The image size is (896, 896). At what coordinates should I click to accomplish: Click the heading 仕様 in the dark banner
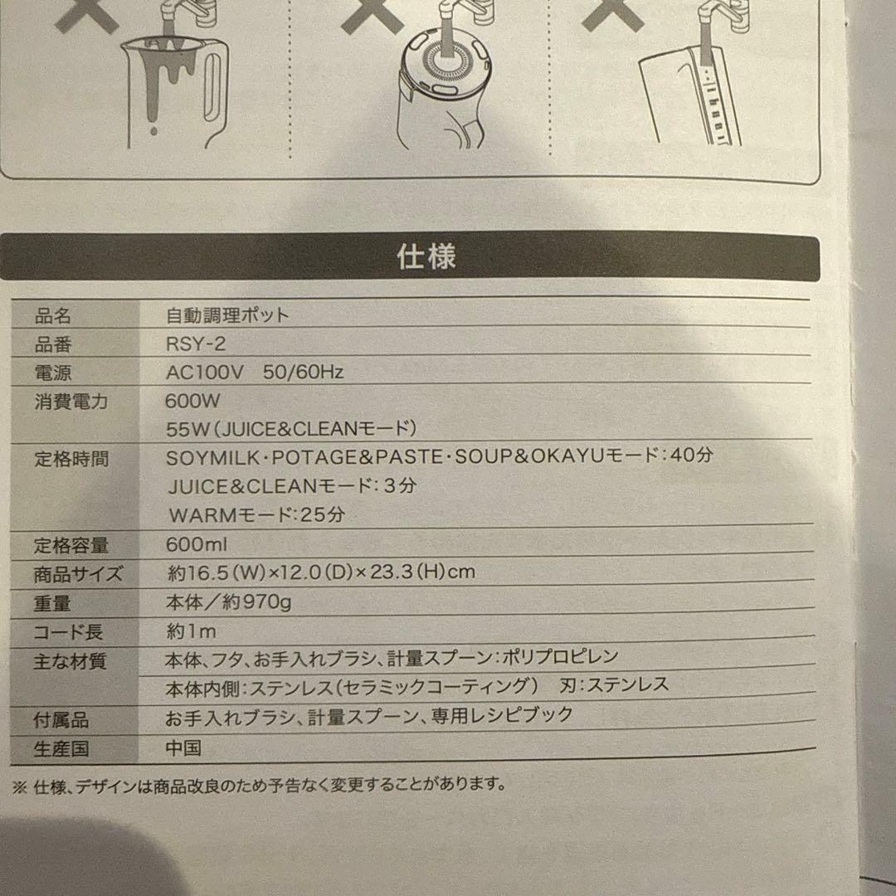[x=426, y=256]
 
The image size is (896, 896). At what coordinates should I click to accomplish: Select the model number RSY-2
[x=196, y=344]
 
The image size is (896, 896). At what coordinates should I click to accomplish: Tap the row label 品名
[x=52, y=316]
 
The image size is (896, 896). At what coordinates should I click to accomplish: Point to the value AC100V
[x=205, y=373]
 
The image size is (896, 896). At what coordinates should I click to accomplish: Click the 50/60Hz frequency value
[x=303, y=372]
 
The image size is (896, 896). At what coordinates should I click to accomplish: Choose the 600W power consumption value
[x=192, y=401]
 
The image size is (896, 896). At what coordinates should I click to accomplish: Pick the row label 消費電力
[x=71, y=402]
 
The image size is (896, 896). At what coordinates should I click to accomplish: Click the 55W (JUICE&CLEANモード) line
[x=291, y=429]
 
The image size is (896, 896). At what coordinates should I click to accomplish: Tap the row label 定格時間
[x=71, y=459]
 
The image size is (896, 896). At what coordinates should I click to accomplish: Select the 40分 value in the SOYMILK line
[x=691, y=455]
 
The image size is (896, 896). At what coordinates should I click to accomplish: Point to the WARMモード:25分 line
[x=257, y=515]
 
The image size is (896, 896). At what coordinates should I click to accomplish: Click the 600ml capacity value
[x=196, y=544]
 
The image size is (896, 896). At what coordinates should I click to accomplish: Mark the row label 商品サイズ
[x=78, y=574]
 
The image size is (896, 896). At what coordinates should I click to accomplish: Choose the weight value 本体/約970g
[x=229, y=601]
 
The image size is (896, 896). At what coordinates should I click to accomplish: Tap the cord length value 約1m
[x=191, y=631]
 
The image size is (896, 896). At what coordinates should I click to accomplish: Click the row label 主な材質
[x=70, y=662]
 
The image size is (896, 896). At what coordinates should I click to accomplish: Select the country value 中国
[x=183, y=748]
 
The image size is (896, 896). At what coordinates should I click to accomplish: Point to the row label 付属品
[x=61, y=720]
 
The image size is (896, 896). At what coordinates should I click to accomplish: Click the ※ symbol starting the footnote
[x=19, y=787]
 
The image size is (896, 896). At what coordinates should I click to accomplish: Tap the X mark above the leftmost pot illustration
[x=87, y=14]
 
